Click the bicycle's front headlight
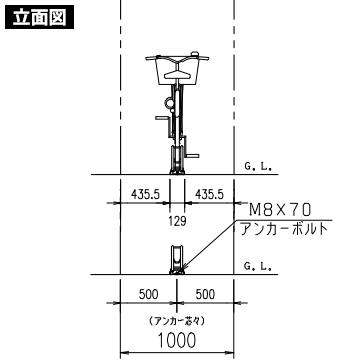point(167,101)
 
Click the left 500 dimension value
point(148,296)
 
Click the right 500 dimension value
point(206,296)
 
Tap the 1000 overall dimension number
point(177,340)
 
